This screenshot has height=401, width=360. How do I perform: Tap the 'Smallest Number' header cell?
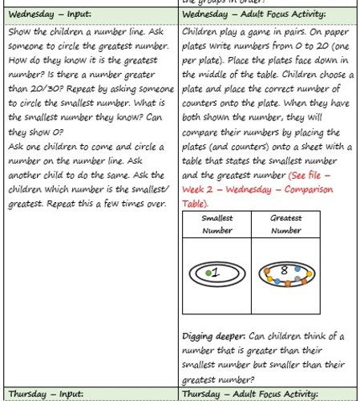[217, 224]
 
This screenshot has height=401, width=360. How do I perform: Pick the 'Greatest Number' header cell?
[286, 224]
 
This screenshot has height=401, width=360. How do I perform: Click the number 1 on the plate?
[216, 273]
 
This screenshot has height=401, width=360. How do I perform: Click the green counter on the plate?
[208, 274]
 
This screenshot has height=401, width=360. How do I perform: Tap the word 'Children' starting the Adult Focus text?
[202, 31]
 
